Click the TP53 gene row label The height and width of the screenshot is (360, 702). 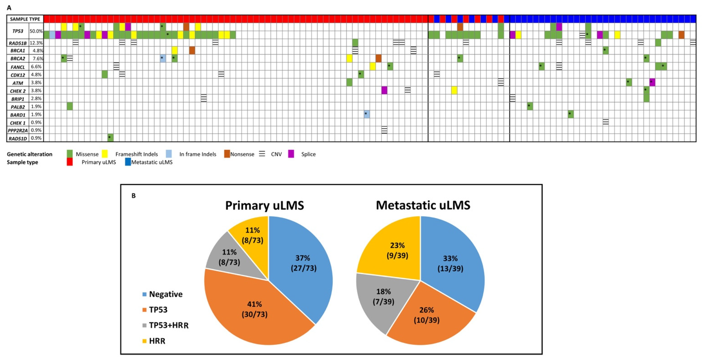click(x=18, y=31)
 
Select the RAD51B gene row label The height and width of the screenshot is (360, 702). click(x=18, y=43)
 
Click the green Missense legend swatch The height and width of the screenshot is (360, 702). click(x=70, y=154)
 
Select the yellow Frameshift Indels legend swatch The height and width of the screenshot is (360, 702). click(x=105, y=154)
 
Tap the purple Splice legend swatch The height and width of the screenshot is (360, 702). click(x=291, y=154)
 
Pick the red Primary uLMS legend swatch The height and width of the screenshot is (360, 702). click(x=70, y=162)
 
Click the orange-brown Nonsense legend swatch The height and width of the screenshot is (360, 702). click(x=227, y=154)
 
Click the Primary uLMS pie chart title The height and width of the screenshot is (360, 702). click(x=264, y=205)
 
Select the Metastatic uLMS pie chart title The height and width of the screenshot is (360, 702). click(x=423, y=205)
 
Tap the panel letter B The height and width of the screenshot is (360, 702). click(x=134, y=196)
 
